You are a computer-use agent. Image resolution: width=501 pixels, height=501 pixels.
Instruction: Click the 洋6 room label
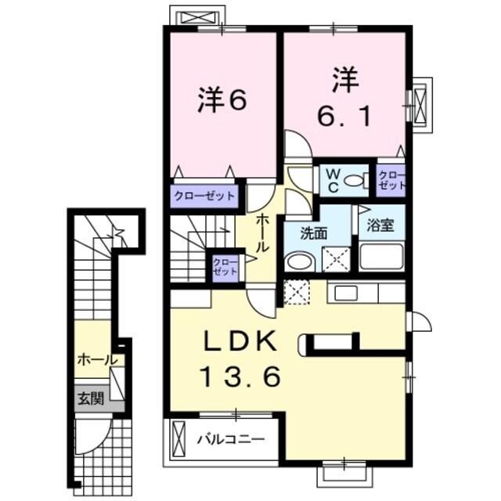222,100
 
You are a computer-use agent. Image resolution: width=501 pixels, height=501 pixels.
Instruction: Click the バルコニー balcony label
230,438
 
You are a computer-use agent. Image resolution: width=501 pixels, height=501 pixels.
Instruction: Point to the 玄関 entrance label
90,398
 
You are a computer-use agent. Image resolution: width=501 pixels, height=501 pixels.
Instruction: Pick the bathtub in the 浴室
381,256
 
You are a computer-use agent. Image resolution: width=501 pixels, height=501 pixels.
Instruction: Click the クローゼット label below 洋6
204,194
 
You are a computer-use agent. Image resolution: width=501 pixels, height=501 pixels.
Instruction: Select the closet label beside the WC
391,181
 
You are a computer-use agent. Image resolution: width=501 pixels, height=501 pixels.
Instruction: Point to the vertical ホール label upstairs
263,232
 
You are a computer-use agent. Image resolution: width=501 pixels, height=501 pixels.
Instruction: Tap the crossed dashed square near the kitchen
297,293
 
